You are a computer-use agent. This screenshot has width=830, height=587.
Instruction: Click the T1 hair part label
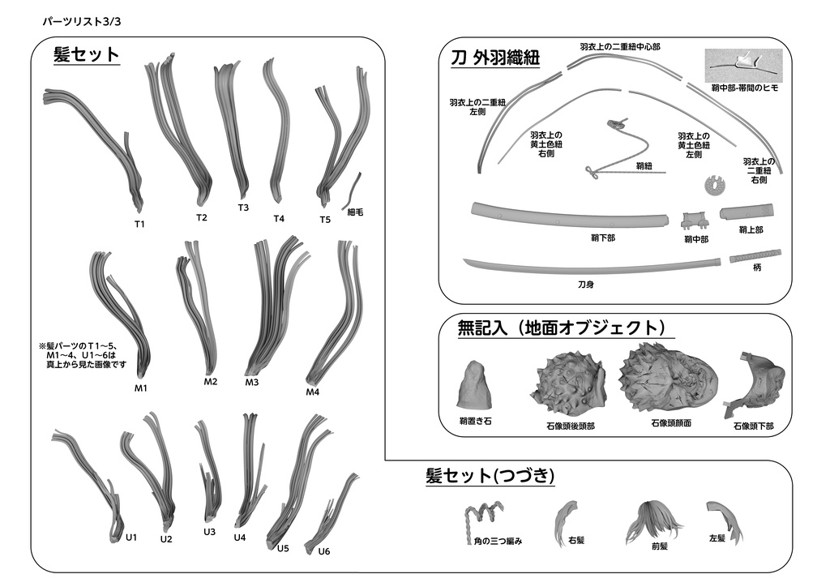[x=139, y=224]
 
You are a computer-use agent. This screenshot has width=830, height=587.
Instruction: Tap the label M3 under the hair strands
[x=251, y=382]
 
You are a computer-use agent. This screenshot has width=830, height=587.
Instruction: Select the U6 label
[x=324, y=551]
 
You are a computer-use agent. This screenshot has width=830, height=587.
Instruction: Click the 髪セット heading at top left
[x=86, y=54]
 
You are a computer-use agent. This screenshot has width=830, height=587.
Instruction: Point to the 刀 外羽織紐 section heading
[x=495, y=58]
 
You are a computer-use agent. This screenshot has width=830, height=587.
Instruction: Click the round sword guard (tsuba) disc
[x=715, y=186]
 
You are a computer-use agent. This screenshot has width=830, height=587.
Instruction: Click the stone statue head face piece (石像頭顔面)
[x=670, y=378]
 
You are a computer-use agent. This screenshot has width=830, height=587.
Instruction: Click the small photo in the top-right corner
[x=743, y=66]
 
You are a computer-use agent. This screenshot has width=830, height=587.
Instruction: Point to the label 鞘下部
[x=603, y=238]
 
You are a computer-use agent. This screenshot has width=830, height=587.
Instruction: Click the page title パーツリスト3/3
[x=82, y=22]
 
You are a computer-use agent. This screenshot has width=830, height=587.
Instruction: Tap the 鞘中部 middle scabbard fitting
[x=695, y=221]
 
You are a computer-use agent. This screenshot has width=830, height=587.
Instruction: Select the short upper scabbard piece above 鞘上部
[x=751, y=212]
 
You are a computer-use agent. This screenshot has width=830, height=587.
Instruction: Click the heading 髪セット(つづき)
[x=490, y=476]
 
